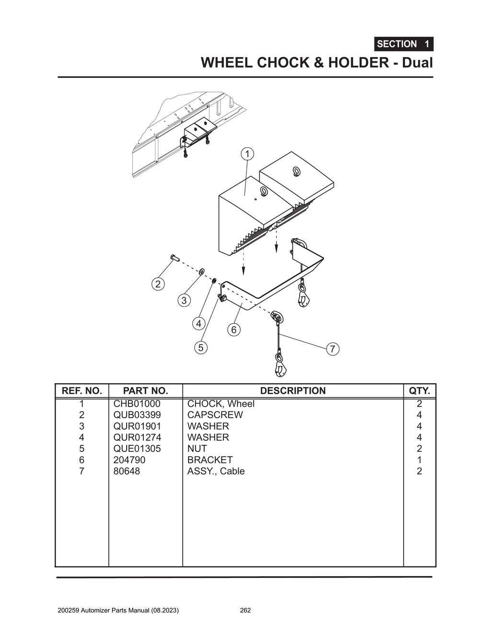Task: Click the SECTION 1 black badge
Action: point(403,44)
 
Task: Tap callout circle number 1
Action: point(247,154)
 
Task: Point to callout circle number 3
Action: point(184,301)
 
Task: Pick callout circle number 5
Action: point(201,347)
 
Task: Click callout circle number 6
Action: point(234,330)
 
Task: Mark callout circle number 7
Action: point(333,349)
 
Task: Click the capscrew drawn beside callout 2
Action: point(174,259)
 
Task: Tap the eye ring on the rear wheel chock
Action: point(296,171)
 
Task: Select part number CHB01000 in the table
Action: point(137,404)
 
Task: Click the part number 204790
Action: point(129,460)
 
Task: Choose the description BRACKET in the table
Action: point(210,460)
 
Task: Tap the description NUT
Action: point(197,448)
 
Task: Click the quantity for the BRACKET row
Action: point(419,460)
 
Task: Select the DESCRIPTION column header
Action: point(292,391)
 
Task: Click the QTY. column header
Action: point(419,391)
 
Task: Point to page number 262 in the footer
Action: point(245,611)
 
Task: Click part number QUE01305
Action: point(137,448)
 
